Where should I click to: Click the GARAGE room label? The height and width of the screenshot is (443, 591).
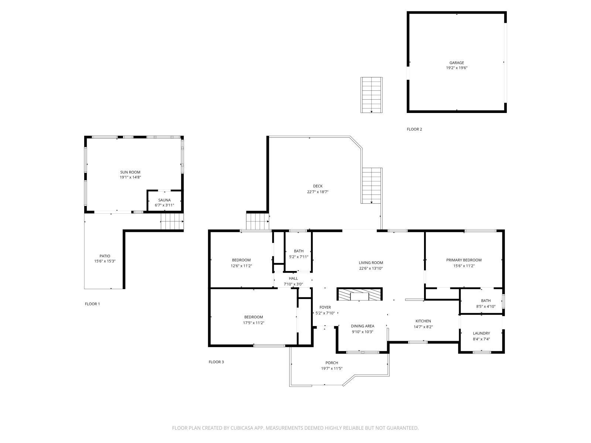tap(457, 63)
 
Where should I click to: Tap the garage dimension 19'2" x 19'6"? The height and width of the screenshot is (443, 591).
tap(457, 68)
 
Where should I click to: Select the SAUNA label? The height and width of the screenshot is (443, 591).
tap(164, 200)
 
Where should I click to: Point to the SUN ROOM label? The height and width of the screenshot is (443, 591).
tap(130, 172)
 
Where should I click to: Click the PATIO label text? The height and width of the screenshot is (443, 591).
tap(105, 256)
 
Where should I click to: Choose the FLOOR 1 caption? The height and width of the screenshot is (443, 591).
tap(92, 304)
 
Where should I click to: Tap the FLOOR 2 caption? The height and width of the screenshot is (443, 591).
tap(414, 129)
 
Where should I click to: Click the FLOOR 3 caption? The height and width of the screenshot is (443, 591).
tap(216, 362)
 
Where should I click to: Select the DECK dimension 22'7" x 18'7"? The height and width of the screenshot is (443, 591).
tap(318, 192)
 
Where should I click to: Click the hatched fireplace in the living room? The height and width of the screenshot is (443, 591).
tap(360, 295)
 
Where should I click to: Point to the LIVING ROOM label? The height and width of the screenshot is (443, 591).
tap(370, 263)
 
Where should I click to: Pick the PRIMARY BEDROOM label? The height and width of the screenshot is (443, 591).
tap(464, 260)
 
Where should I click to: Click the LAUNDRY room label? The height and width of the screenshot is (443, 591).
tap(481, 333)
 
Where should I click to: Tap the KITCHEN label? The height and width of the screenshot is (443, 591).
tap(423, 321)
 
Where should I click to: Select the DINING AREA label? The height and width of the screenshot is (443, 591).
tap(362, 326)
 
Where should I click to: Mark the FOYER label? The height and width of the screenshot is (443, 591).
tap(325, 307)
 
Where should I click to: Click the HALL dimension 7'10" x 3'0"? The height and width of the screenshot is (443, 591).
tap(293, 284)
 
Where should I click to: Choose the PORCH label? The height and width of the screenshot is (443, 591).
tap(332, 363)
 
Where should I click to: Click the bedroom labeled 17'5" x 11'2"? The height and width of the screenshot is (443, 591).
tap(253, 320)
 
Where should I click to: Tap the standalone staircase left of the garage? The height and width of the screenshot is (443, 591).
tap(372, 95)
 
